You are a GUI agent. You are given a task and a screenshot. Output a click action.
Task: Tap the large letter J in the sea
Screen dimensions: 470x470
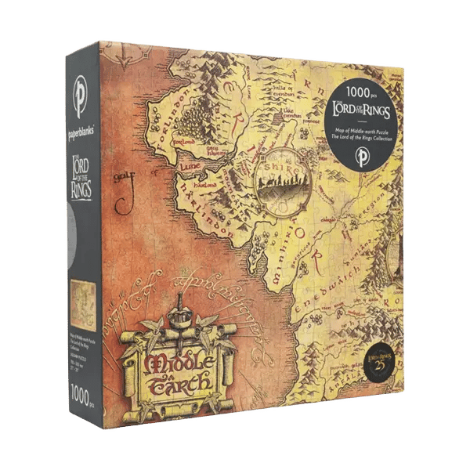(x=123, y=197)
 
